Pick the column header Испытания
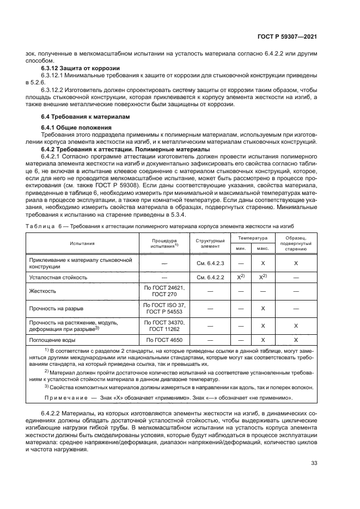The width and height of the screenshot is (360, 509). (82, 243)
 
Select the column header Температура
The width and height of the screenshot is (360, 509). (252, 238)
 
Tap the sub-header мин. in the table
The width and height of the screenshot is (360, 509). (240, 249)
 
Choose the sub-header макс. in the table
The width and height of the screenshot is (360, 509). (263, 249)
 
